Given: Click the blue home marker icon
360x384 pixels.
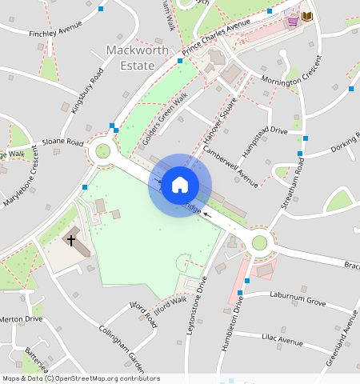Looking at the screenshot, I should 180,185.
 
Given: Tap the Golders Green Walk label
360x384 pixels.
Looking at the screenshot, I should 165,119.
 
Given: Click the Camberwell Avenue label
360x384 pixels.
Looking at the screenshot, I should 231,166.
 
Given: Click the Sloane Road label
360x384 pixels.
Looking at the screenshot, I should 62,142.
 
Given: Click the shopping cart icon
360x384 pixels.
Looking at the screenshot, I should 293,19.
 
